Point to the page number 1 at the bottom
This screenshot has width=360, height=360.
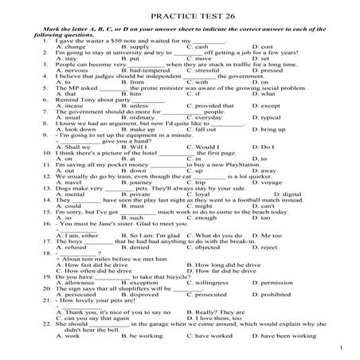tap(340, 348)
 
